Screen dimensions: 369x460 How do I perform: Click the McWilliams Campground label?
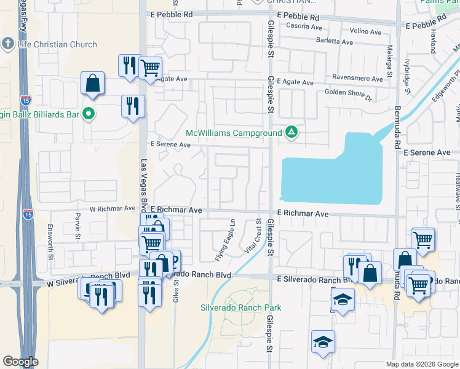(234, 133)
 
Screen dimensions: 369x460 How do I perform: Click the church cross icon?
(7, 44)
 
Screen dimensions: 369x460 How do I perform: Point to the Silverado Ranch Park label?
(241, 307)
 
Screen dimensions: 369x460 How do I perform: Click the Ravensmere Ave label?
(357, 79)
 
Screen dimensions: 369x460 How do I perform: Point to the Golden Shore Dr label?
(349, 94)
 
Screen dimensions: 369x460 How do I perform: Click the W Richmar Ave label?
(113, 209)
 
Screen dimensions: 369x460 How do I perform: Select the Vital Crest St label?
(255, 235)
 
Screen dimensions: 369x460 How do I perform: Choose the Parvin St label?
(79, 226)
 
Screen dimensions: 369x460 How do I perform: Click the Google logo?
(20, 362)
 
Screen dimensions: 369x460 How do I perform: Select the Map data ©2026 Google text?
(421, 364)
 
